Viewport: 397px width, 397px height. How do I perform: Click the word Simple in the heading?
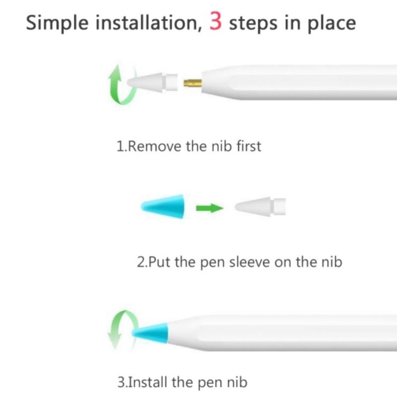(x=57, y=23)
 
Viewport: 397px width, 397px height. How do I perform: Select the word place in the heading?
(x=331, y=23)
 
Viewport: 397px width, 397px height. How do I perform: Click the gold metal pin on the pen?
(x=193, y=83)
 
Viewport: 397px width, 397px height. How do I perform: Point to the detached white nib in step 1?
(x=152, y=82)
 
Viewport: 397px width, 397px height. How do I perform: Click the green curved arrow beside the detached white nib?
(x=121, y=85)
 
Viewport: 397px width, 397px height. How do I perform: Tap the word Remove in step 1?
(x=154, y=146)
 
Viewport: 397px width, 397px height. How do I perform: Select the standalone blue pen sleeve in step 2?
(x=163, y=206)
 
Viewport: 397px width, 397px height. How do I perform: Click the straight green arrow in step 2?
(x=210, y=208)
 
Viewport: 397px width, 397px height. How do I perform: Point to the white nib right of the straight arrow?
(x=260, y=206)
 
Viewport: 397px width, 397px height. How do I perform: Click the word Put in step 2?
(x=159, y=262)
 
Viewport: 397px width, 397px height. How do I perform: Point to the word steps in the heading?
(x=253, y=23)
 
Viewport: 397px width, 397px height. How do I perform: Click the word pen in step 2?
(x=212, y=263)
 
